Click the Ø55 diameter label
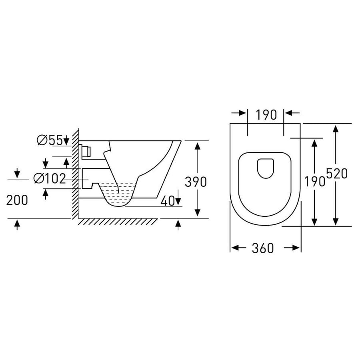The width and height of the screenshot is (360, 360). [x=50, y=140]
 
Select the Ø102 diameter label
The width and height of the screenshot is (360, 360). [x=50, y=178]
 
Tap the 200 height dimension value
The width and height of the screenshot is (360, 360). [x=17, y=200]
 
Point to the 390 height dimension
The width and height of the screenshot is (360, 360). [x=196, y=182]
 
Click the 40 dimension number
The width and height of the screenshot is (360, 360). [x=167, y=201]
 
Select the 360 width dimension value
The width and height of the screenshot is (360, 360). [x=263, y=248]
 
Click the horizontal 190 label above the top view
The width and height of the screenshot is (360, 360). [x=266, y=115]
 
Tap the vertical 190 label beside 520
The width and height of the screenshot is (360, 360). [x=316, y=182]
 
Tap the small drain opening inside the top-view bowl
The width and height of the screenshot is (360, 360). [x=265, y=168]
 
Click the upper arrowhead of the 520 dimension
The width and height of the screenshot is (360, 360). [x=336, y=129]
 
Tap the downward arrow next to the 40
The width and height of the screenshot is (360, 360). [x=178, y=200]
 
